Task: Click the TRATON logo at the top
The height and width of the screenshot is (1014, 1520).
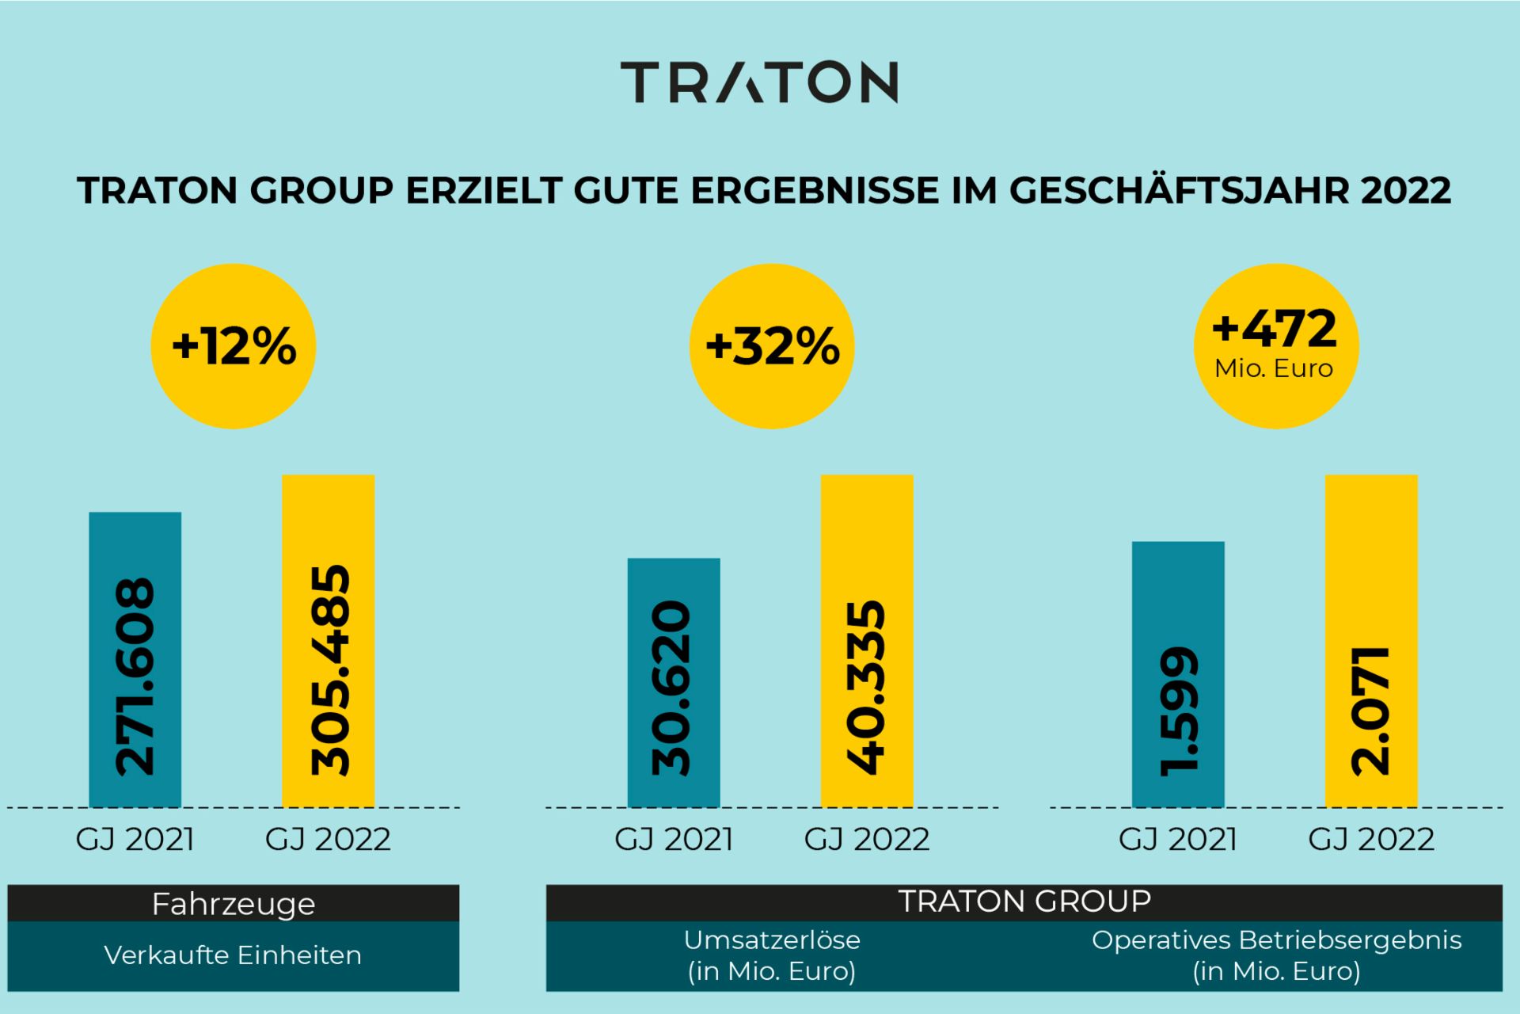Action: tap(758, 82)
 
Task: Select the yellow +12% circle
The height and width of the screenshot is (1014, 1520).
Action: tap(234, 346)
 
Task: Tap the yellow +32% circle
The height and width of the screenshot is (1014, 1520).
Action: tap(772, 346)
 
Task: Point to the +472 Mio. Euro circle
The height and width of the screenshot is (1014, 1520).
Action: tap(1276, 346)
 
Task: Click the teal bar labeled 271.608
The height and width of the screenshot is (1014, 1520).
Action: tap(135, 659)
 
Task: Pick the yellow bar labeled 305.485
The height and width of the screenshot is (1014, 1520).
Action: tap(329, 640)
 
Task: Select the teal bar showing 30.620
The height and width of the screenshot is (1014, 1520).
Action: tap(674, 682)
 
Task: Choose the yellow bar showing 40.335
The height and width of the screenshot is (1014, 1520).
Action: tap(867, 640)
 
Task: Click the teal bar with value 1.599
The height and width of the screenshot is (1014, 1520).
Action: tap(1178, 674)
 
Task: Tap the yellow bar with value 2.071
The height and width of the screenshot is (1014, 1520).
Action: tap(1371, 640)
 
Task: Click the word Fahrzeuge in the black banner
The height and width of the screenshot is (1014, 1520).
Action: tap(234, 904)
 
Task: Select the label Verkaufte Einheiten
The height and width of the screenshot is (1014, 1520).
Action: tap(233, 955)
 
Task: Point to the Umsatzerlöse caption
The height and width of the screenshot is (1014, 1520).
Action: tap(772, 940)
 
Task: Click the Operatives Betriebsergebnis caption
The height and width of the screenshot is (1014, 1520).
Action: tap(1276, 940)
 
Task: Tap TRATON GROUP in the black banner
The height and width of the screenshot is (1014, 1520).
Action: tap(1024, 902)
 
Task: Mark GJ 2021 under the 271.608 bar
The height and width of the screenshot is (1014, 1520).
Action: tap(135, 840)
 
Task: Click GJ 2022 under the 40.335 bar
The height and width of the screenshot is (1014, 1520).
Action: tap(867, 840)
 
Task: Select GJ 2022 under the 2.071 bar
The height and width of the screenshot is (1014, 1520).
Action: tap(1371, 840)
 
